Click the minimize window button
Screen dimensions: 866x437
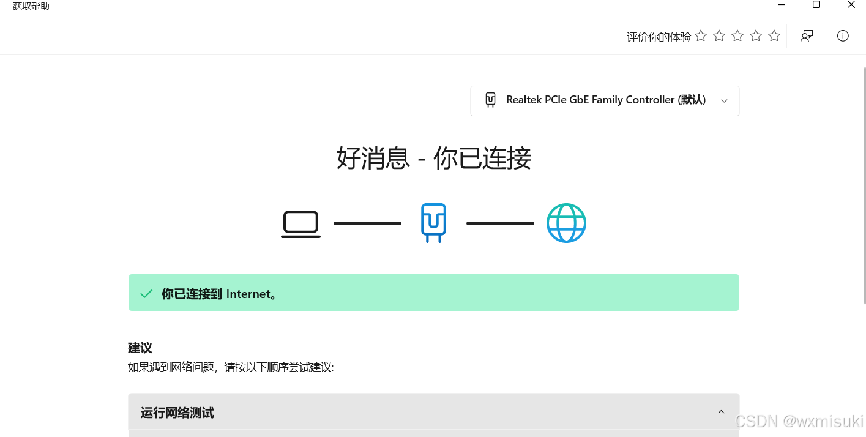coord(782,5)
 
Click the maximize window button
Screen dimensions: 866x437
coord(816,5)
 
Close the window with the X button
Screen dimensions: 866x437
coord(851,5)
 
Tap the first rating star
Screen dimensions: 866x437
coord(701,36)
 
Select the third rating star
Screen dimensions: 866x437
coord(737,36)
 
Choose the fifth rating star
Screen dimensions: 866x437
coord(774,36)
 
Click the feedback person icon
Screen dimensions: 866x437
coord(807,36)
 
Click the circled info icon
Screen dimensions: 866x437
coord(843,36)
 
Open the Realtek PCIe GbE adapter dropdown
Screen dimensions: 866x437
coord(605,100)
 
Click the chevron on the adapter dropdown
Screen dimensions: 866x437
coord(724,101)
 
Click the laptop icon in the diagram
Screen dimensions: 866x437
coord(300,224)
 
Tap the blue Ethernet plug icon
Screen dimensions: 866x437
coord(433,223)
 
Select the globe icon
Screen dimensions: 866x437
coord(566,223)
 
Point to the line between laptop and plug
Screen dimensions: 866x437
coord(367,223)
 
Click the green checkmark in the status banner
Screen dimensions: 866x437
coord(146,294)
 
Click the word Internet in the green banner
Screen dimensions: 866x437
coord(248,294)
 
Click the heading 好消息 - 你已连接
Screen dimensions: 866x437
coord(433,159)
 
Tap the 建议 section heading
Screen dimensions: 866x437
coord(140,348)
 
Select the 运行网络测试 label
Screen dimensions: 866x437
coord(177,413)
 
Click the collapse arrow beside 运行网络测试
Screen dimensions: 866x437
coord(721,412)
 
